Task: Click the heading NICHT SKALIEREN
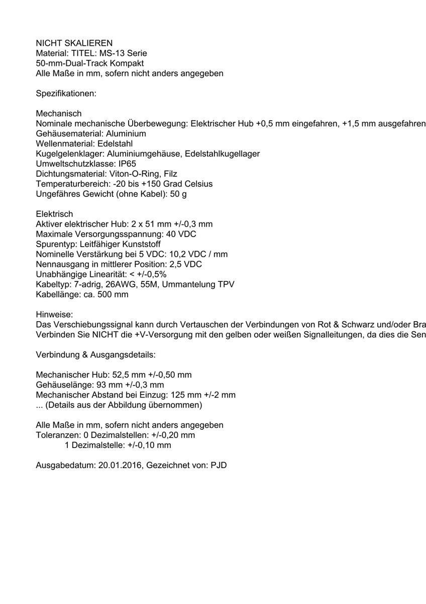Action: click(74, 43)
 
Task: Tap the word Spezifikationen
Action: click(66, 94)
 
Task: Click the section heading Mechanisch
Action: click(59, 114)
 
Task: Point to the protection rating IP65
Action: click(127, 164)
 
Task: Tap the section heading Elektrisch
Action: click(54, 214)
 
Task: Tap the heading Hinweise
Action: click(54, 315)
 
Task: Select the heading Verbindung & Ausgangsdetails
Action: click(95, 355)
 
